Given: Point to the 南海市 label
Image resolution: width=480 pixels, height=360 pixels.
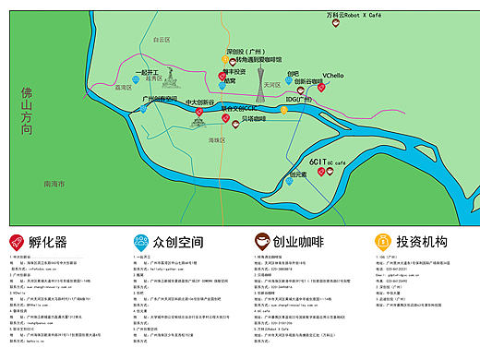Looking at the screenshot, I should [x=55, y=185].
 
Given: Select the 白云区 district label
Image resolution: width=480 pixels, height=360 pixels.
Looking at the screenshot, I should [x=162, y=40].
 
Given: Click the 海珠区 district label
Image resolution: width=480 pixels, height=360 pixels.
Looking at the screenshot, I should [x=217, y=139].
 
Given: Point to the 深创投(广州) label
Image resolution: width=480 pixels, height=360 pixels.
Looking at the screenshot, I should [x=246, y=52].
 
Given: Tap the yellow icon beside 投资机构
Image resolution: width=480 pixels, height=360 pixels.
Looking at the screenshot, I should [x=381, y=242].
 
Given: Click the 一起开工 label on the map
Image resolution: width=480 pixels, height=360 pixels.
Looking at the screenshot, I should [x=147, y=72].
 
